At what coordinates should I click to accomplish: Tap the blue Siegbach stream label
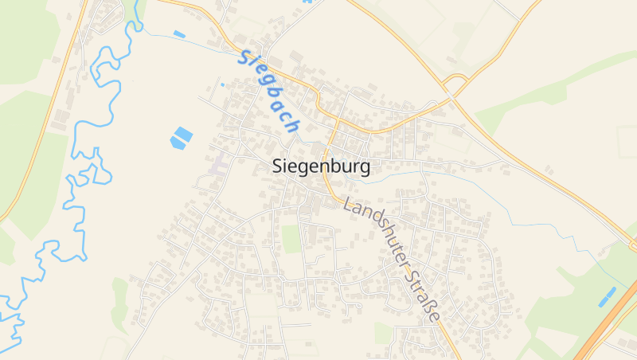coord(268,92)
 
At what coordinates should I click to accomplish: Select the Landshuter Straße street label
coord(392,259)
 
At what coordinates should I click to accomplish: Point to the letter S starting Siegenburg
coord(278,167)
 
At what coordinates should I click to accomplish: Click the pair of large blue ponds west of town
coord(182,137)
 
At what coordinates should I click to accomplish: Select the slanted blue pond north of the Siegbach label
coord(179,34)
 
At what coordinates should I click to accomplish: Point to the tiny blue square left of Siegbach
coord(222,84)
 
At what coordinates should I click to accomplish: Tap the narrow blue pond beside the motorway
coord(608,295)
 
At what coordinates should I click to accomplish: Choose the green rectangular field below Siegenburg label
coord(291,238)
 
